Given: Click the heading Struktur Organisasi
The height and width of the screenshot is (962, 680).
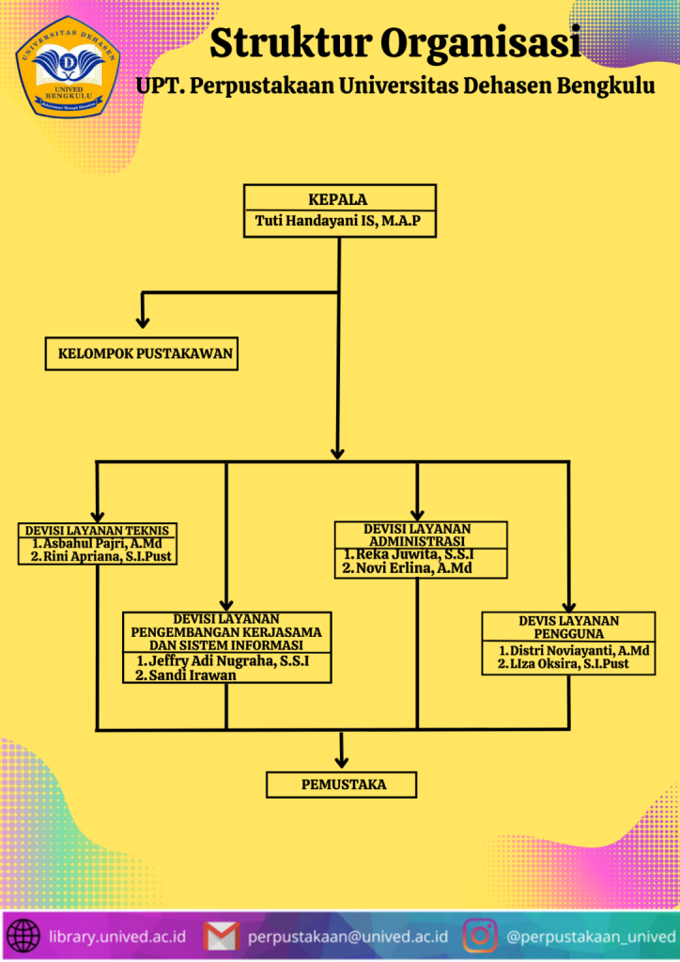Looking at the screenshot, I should (394, 43).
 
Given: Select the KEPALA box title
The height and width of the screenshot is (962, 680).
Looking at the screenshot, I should (338, 199).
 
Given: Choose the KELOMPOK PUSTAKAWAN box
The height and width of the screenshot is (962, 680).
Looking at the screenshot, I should (140, 355).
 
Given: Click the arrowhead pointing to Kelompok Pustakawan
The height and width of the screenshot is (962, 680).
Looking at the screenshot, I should (143, 320).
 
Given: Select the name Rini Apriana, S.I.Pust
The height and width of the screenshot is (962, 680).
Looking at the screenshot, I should (104, 556).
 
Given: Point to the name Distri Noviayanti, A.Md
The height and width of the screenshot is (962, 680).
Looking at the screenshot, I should (574, 650).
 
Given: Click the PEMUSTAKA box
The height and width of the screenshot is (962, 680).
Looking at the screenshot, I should (343, 784).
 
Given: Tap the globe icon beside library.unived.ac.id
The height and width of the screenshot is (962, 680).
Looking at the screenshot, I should (23, 937).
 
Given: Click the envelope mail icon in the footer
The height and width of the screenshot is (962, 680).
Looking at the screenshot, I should (222, 937).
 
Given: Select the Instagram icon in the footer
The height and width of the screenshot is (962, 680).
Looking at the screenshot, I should (480, 937).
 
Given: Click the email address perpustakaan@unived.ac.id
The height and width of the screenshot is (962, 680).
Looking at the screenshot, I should (348, 937).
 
